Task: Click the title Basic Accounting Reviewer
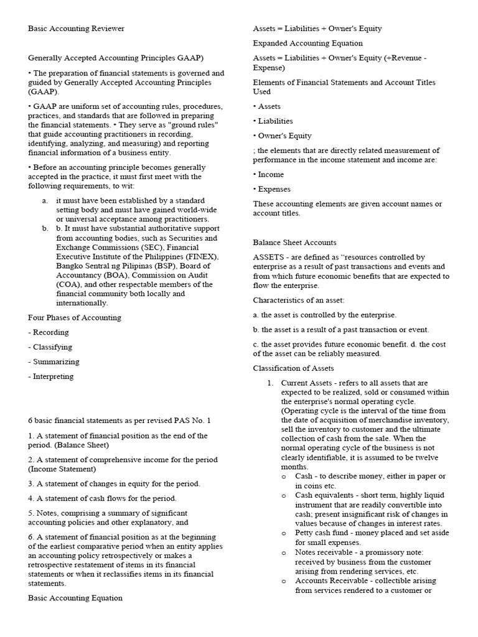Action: tap(76, 29)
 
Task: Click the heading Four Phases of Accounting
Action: tap(75, 317)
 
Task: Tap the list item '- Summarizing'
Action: tap(54, 361)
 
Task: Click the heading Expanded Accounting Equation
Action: tap(307, 44)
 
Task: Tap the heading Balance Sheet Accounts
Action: tap(294, 242)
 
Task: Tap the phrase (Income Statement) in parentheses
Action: tap(62, 469)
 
